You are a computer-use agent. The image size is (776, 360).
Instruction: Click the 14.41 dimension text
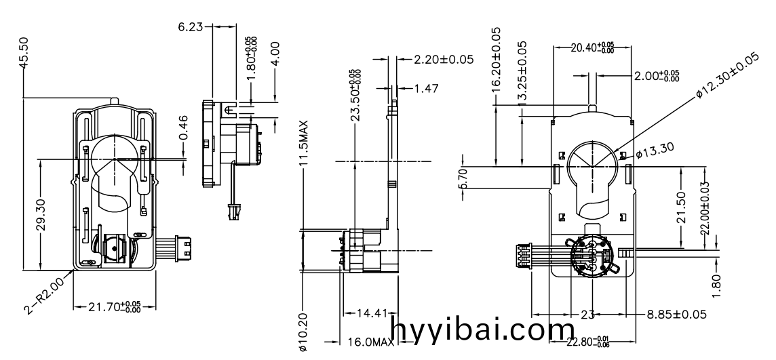pos(371,313)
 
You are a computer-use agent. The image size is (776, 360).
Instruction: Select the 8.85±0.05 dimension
pos(675,314)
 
